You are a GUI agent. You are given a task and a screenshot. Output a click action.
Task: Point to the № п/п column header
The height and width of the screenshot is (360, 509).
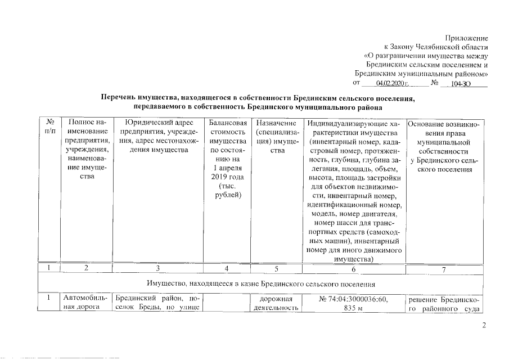coord(50,126)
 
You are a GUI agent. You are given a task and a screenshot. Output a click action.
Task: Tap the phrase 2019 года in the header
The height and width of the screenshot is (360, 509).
coord(227,177)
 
